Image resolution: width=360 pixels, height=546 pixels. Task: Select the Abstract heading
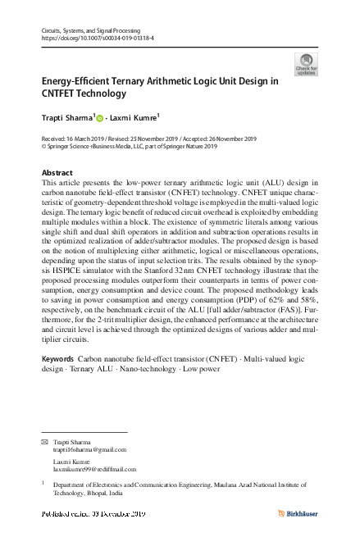[57, 173]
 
